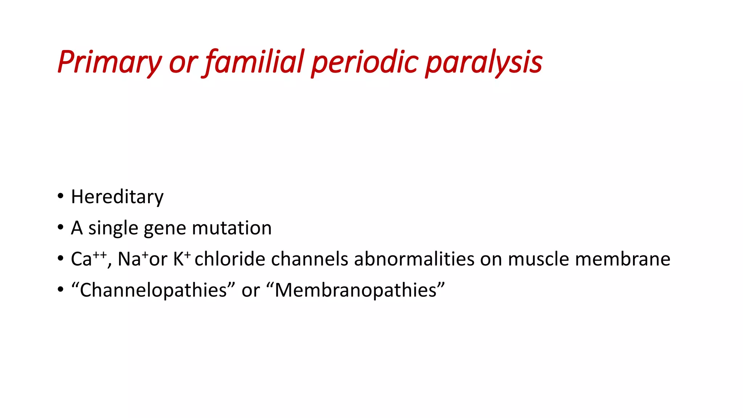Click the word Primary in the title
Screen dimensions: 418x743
point(109,62)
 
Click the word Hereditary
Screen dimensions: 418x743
point(117,197)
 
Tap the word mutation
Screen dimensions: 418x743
point(231,228)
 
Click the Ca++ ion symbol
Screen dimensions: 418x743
point(89,259)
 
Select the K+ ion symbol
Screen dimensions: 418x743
point(181,259)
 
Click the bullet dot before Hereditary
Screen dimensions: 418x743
point(61,196)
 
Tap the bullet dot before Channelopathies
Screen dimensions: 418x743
point(61,290)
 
